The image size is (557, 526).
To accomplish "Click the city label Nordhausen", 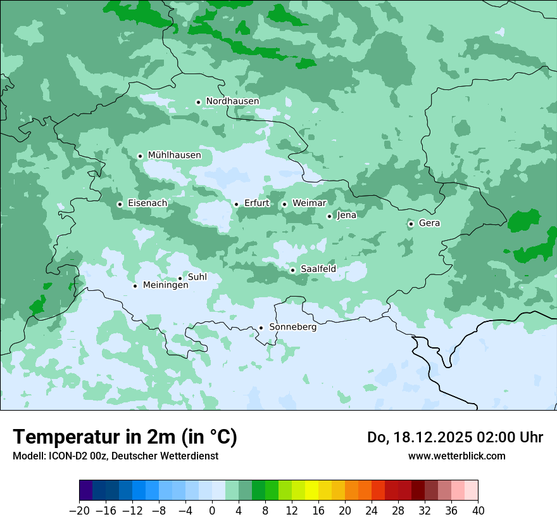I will click(232, 101).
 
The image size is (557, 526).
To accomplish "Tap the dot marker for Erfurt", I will click(236, 204).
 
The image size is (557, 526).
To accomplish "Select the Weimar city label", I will click(309, 203).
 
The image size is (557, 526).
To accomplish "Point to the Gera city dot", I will click(411, 224).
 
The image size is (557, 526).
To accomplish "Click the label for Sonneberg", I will click(292, 327).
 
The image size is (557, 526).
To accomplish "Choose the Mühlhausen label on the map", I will click(174, 155).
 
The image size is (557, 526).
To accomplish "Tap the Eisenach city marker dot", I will click(120, 204).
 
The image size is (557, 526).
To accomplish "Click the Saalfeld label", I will click(318, 269).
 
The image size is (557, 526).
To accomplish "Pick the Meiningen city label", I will click(165, 286).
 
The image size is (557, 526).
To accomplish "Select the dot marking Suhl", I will click(180, 278).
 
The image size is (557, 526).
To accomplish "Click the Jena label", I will click(346, 215).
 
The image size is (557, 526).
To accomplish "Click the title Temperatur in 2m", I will click(125, 437).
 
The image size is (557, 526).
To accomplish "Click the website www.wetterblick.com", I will click(456, 456).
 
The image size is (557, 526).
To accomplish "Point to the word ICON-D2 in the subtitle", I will click(65, 456).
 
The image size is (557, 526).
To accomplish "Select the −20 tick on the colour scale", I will click(79, 511).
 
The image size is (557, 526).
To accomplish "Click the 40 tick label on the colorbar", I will click(478, 511).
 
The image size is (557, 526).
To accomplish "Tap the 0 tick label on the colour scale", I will click(212, 511).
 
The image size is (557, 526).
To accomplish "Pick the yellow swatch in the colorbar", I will click(311, 491).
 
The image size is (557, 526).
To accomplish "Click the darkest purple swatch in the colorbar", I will click(86, 491).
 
